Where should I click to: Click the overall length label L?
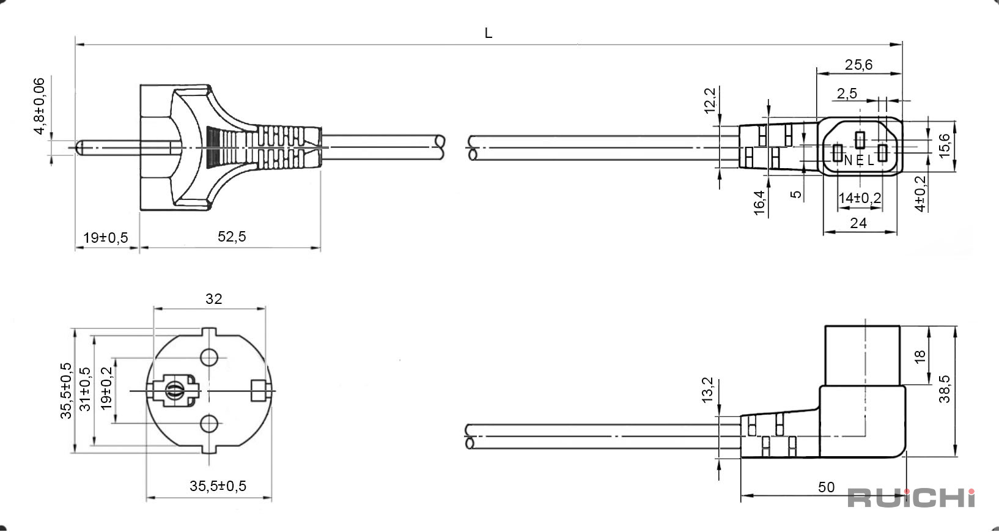coord(488,33)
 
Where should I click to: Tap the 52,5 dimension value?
coord(232,237)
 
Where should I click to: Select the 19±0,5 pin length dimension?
coord(106,238)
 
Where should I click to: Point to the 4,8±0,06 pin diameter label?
coord(40,106)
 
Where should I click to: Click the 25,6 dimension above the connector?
coord(858,65)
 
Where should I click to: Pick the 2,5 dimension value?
coord(847,94)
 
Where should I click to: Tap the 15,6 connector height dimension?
coord(944,146)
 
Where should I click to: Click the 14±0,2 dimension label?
coord(860,198)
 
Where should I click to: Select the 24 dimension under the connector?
coord(858,223)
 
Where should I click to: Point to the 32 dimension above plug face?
coord(213,299)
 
